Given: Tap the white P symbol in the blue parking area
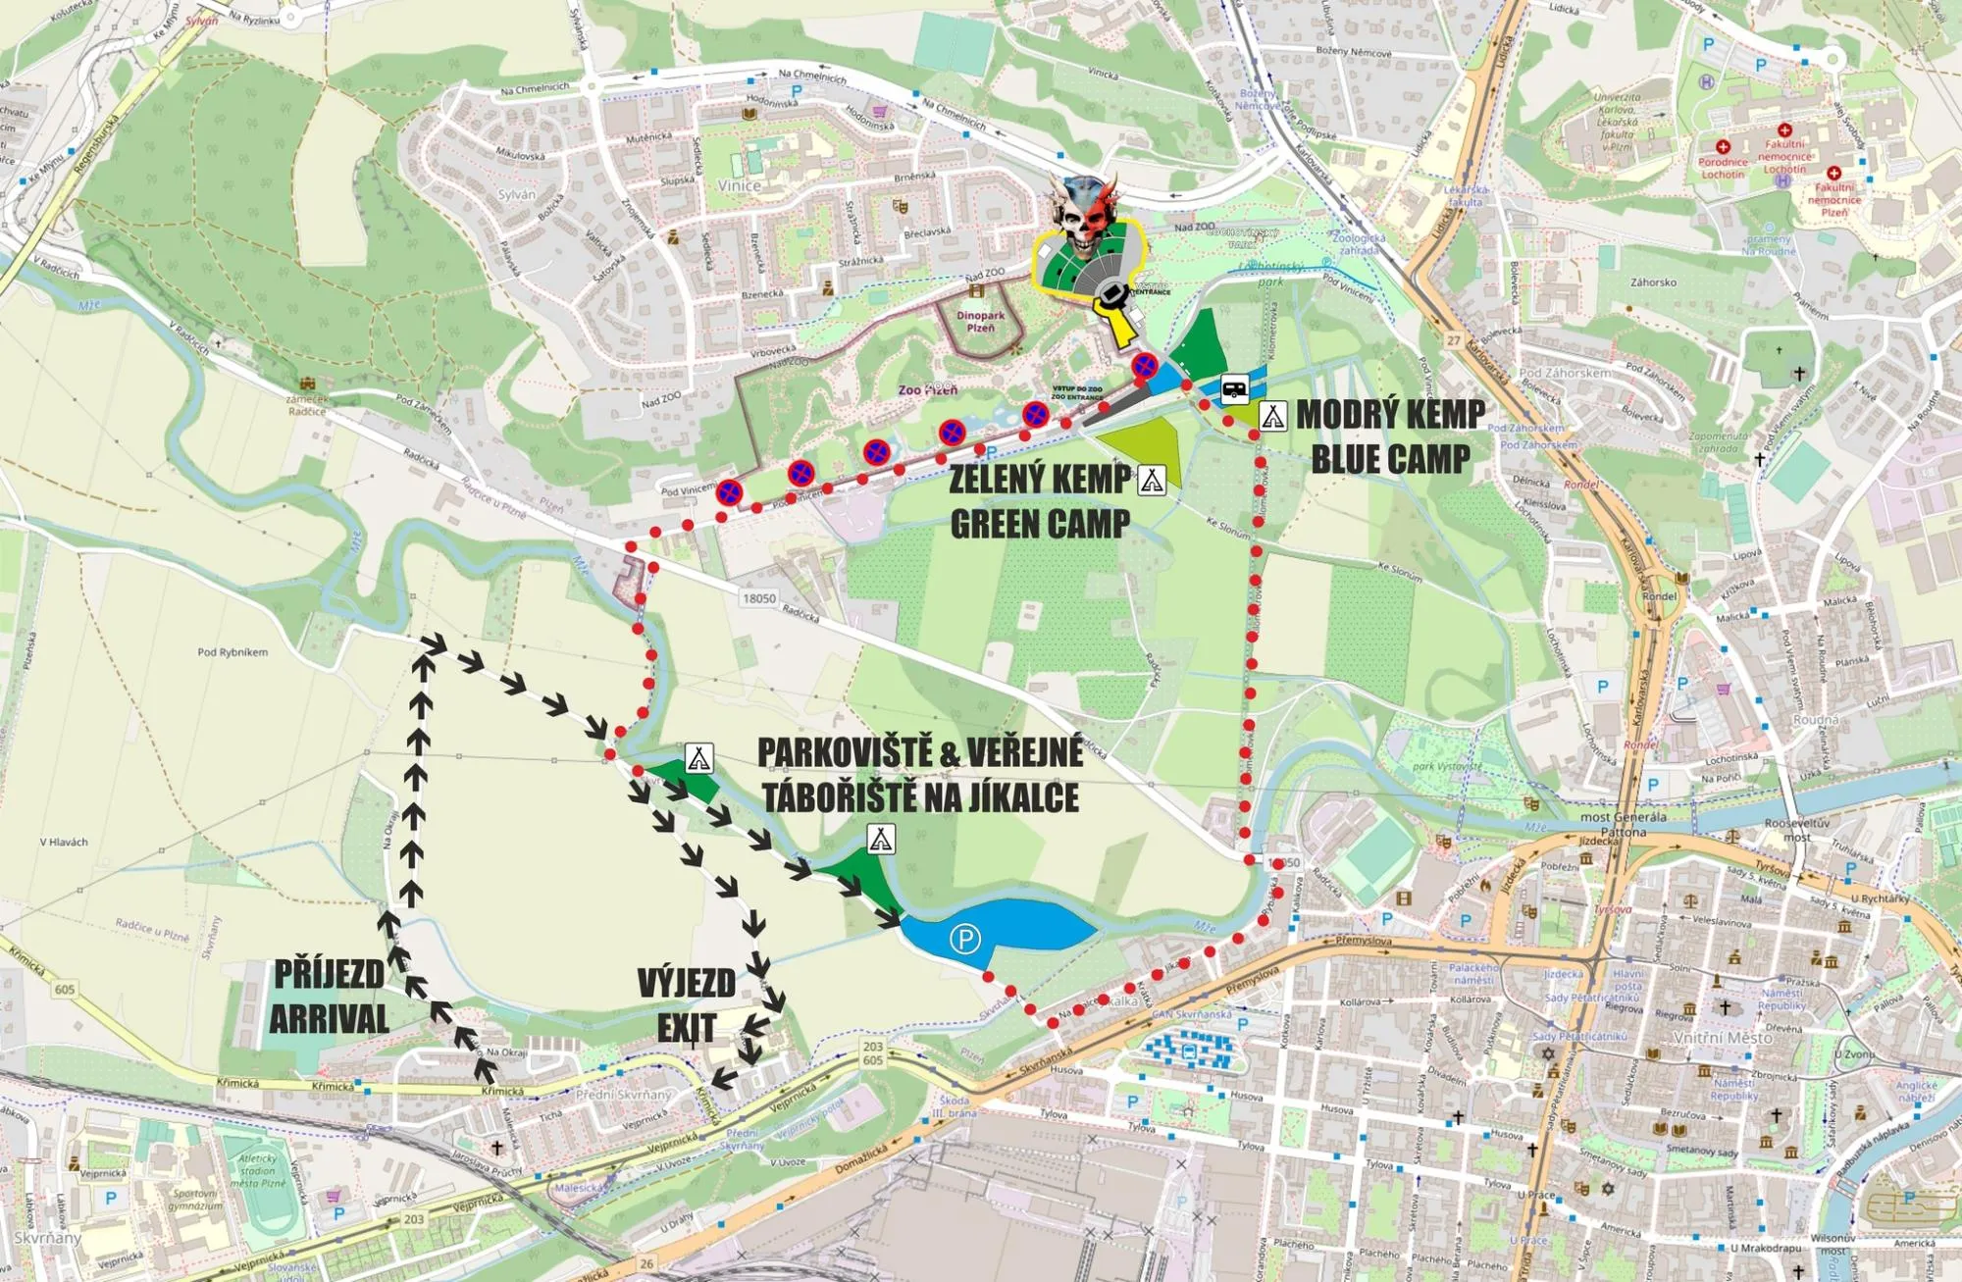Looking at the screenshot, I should (964, 940).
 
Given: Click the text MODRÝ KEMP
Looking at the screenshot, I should (1390, 415).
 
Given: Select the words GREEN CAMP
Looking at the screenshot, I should (1040, 524).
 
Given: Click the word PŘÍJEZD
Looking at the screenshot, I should (329, 974).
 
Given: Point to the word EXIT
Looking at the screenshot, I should (687, 1028).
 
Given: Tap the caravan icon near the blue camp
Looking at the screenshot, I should (1235, 388).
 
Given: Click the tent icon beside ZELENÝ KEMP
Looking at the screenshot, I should (1151, 480).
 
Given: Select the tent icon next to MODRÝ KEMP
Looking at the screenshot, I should (1272, 416).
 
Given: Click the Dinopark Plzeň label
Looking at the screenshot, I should (980, 322).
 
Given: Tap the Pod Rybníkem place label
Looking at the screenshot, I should (232, 652).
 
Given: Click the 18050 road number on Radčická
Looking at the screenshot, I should (759, 598).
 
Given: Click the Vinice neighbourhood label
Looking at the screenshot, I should (739, 185).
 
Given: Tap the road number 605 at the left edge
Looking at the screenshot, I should (64, 989).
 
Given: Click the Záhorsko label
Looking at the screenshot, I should (1653, 282).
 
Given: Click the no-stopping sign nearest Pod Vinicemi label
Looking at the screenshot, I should (728, 492).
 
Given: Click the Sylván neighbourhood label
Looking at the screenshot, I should (517, 194).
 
